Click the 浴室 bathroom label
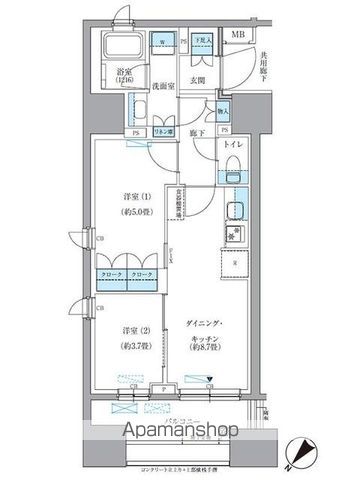point(124,73)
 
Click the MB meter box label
point(237,36)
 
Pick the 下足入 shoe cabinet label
point(202,42)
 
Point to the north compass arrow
point(296,452)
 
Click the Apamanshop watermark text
point(179,431)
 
